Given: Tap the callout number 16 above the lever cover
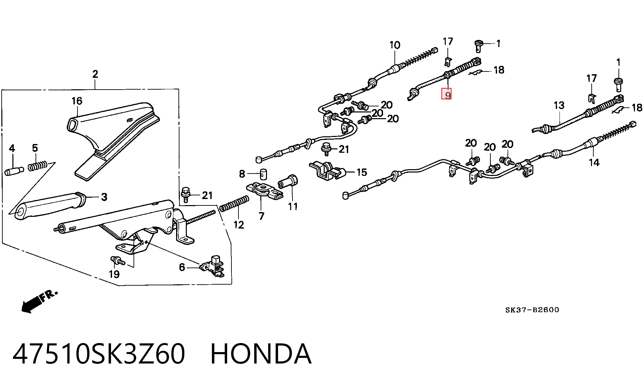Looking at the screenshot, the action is pos(77,101).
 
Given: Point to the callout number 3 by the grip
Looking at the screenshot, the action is pos(104,197).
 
